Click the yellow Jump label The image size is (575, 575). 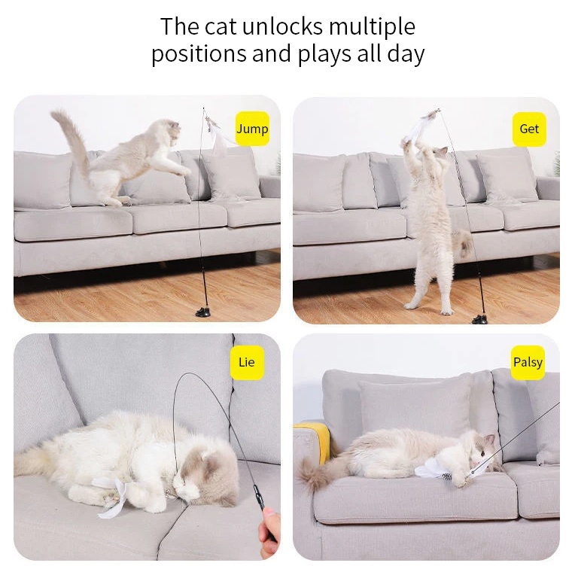(252, 129)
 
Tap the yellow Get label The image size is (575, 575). (529, 129)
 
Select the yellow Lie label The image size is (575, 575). (247, 362)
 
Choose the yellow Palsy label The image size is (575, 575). (528, 362)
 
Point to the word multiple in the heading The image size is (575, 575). (372, 28)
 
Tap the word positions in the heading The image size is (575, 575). (199, 54)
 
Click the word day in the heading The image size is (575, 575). (406, 54)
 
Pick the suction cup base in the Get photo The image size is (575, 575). (479, 319)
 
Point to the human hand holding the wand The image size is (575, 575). (269, 534)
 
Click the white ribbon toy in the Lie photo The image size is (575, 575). (117, 496)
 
